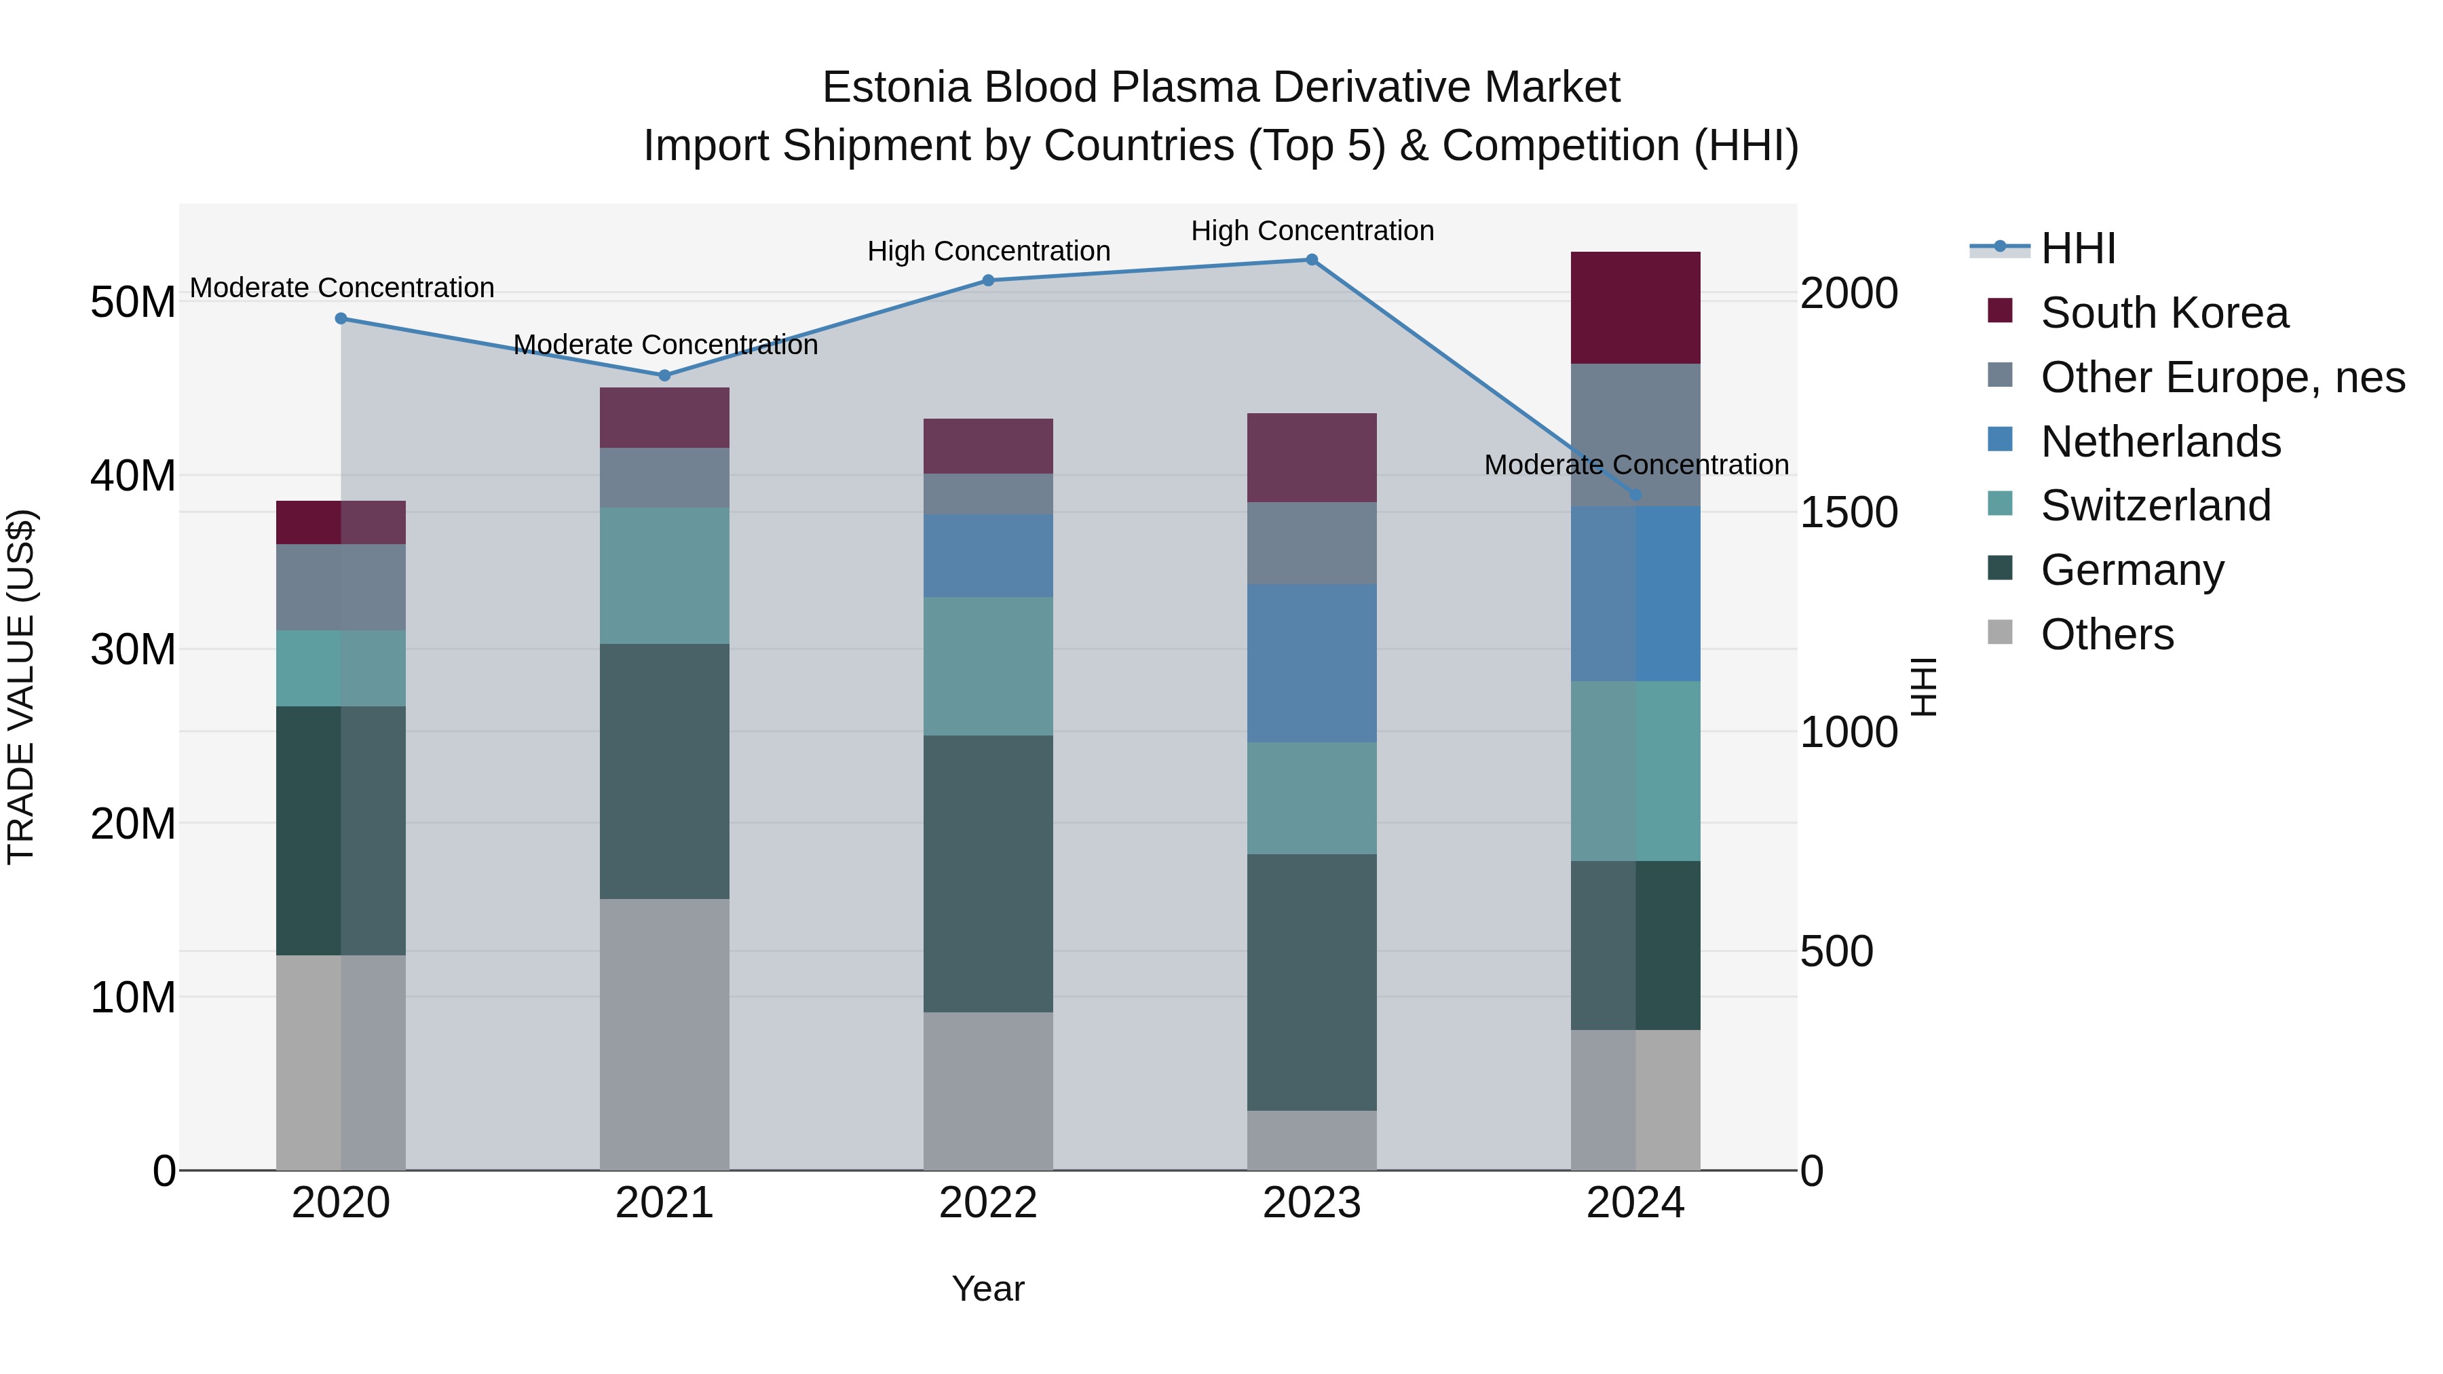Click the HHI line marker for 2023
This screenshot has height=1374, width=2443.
coord(1312,260)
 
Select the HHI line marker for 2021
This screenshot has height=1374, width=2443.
coord(665,375)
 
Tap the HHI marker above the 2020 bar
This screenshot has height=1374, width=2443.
coord(341,319)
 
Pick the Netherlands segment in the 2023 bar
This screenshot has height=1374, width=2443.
coord(1312,664)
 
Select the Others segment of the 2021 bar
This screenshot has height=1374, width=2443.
coord(665,1033)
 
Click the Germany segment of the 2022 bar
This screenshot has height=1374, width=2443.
coord(988,873)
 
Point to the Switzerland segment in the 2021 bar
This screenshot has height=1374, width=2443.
coord(665,575)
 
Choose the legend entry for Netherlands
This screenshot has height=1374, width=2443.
coord(2161,442)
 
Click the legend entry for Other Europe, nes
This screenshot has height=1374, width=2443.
coord(2222,377)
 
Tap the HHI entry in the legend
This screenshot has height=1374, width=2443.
coord(2077,248)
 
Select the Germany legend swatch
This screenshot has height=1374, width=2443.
coord(2000,569)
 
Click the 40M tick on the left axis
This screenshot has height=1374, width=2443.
coord(133,476)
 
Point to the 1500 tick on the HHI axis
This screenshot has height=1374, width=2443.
coord(1849,513)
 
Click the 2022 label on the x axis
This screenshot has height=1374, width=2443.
coord(988,1203)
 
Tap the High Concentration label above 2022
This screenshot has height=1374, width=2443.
coord(988,251)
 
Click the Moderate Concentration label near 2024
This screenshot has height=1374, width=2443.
coord(1636,465)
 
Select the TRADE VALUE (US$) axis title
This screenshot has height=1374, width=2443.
coord(21,687)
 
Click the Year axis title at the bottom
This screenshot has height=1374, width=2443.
coord(988,1289)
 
